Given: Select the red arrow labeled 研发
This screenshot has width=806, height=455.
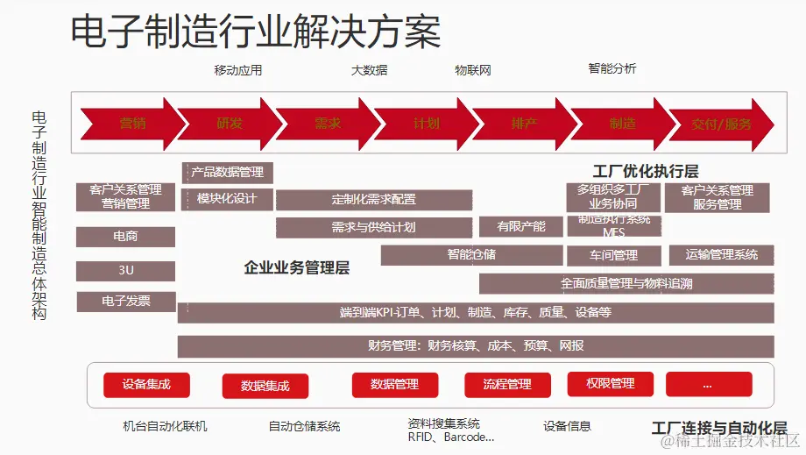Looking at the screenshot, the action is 230,124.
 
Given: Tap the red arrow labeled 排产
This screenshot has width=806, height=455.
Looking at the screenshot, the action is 524,124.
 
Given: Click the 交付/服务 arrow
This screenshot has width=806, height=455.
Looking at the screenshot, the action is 721,124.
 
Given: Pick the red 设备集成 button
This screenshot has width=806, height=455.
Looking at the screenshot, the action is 146,384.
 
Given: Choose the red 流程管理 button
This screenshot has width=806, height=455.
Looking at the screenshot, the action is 507,384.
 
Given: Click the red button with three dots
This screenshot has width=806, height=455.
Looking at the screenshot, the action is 708,384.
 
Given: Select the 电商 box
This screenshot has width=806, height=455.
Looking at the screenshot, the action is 125,237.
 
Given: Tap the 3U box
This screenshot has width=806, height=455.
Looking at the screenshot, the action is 125,271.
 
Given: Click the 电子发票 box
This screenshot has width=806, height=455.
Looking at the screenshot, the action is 125,302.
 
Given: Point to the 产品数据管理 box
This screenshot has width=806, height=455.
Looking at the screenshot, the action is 227,172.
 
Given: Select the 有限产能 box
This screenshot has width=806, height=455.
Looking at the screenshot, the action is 521,227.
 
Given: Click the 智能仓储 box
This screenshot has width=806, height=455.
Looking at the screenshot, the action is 471,255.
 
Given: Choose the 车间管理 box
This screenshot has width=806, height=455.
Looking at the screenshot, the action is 613,256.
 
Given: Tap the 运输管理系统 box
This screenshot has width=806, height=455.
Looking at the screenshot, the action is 721,255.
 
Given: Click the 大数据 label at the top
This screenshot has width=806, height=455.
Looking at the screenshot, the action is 369,70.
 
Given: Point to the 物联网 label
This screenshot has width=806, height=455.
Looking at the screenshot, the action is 473,70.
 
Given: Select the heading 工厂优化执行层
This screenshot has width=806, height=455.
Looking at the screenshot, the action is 646,171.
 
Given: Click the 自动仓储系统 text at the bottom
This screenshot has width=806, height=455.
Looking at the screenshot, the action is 304,427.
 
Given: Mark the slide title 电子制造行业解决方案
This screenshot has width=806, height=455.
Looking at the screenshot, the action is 255,32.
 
